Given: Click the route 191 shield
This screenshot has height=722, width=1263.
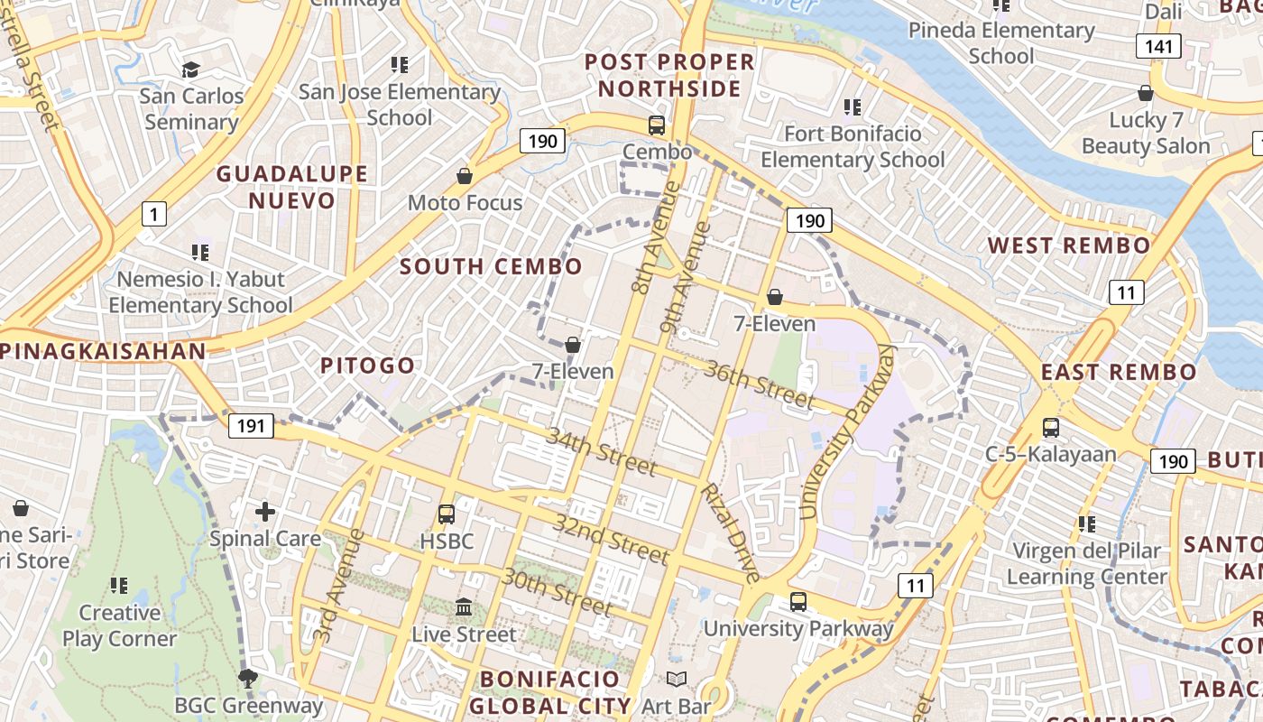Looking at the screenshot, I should click(250, 425).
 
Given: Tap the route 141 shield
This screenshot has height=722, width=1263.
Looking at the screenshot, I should click(1158, 46).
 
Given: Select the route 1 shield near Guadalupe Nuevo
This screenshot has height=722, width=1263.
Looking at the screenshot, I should click(154, 214).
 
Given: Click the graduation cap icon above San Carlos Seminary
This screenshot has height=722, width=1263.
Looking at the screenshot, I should click(190, 70).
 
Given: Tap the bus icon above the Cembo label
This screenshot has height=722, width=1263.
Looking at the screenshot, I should click(657, 125).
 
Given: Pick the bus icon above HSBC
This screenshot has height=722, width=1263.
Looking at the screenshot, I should click(446, 514).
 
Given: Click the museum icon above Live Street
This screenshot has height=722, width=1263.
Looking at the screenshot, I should click(464, 607).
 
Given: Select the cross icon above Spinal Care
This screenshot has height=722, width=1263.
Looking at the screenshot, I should click(265, 512).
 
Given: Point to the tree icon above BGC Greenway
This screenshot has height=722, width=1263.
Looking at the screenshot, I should click(246, 678).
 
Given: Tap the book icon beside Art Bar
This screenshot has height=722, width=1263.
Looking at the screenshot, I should click(676, 679).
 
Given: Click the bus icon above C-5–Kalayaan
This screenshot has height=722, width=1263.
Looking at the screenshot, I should click(1050, 428).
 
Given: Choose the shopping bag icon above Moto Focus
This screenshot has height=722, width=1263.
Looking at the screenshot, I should click(465, 176).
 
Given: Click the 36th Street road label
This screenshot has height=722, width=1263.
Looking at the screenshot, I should click(760, 385).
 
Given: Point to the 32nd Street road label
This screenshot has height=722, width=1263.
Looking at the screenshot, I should click(612, 539).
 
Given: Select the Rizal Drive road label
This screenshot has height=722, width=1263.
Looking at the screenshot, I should click(731, 533).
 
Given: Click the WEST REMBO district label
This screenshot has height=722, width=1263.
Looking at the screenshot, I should click(1069, 245).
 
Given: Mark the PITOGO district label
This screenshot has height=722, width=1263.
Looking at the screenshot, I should click(368, 366).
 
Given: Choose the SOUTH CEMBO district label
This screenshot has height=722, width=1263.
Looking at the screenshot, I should click(491, 266).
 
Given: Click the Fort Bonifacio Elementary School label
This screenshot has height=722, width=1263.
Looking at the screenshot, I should click(853, 147).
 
